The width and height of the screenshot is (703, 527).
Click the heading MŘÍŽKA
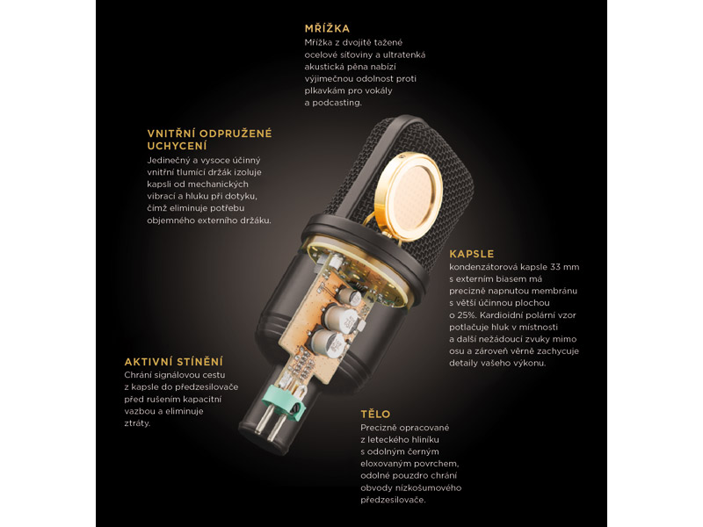pyautogui.click(x=327, y=28)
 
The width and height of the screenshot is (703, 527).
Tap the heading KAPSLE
pyautogui.click(x=472, y=254)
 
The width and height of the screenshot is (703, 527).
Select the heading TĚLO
pyautogui.click(x=375, y=414)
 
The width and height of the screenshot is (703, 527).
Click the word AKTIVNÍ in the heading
pyautogui.click(x=149, y=362)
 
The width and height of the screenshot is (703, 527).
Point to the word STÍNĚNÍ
pyautogui.click(x=199, y=362)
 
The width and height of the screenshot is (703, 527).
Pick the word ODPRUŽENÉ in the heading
pyautogui.click(x=236, y=134)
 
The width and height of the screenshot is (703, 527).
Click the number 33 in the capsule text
pyautogui.click(x=555, y=267)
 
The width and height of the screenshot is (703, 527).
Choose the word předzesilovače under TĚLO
pyautogui.click(x=393, y=500)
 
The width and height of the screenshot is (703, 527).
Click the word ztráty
pyautogui.click(x=137, y=423)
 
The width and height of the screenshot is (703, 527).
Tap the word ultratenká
pyautogui.click(x=404, y=54)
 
